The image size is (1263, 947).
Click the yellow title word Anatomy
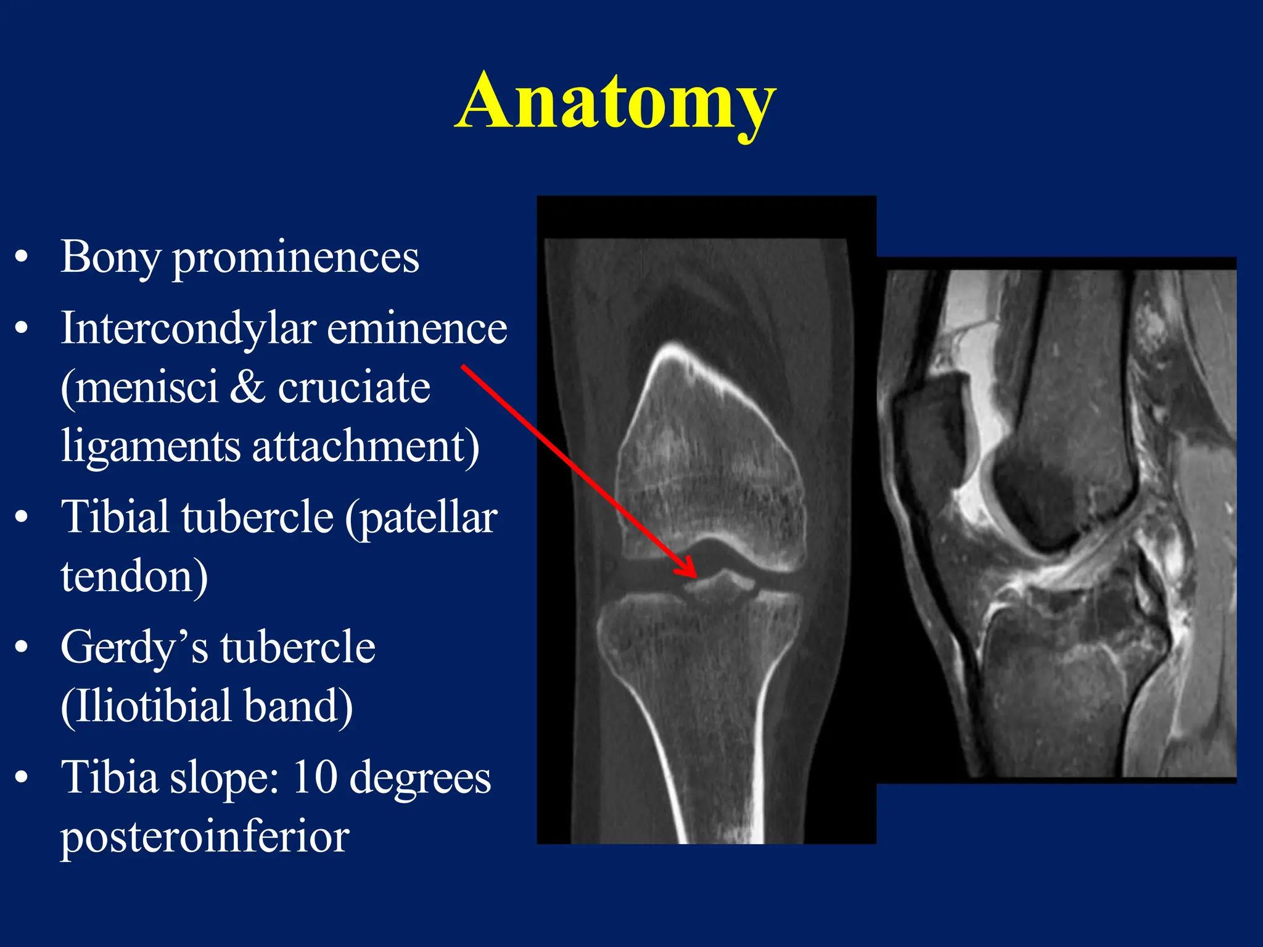[x=615, y=102]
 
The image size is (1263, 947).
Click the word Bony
[x=110, y=258]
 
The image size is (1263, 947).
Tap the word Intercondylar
[x=188, y=328]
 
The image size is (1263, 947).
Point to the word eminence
[x=417, y=328]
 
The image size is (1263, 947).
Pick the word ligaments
[x=150, y=446]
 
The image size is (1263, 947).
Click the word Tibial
[x=115, y=517]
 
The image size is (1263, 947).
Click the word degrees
[x=420, y=778]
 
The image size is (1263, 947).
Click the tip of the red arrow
[x=696, y=576]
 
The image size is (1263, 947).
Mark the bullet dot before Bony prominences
[x=22, y=258]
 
